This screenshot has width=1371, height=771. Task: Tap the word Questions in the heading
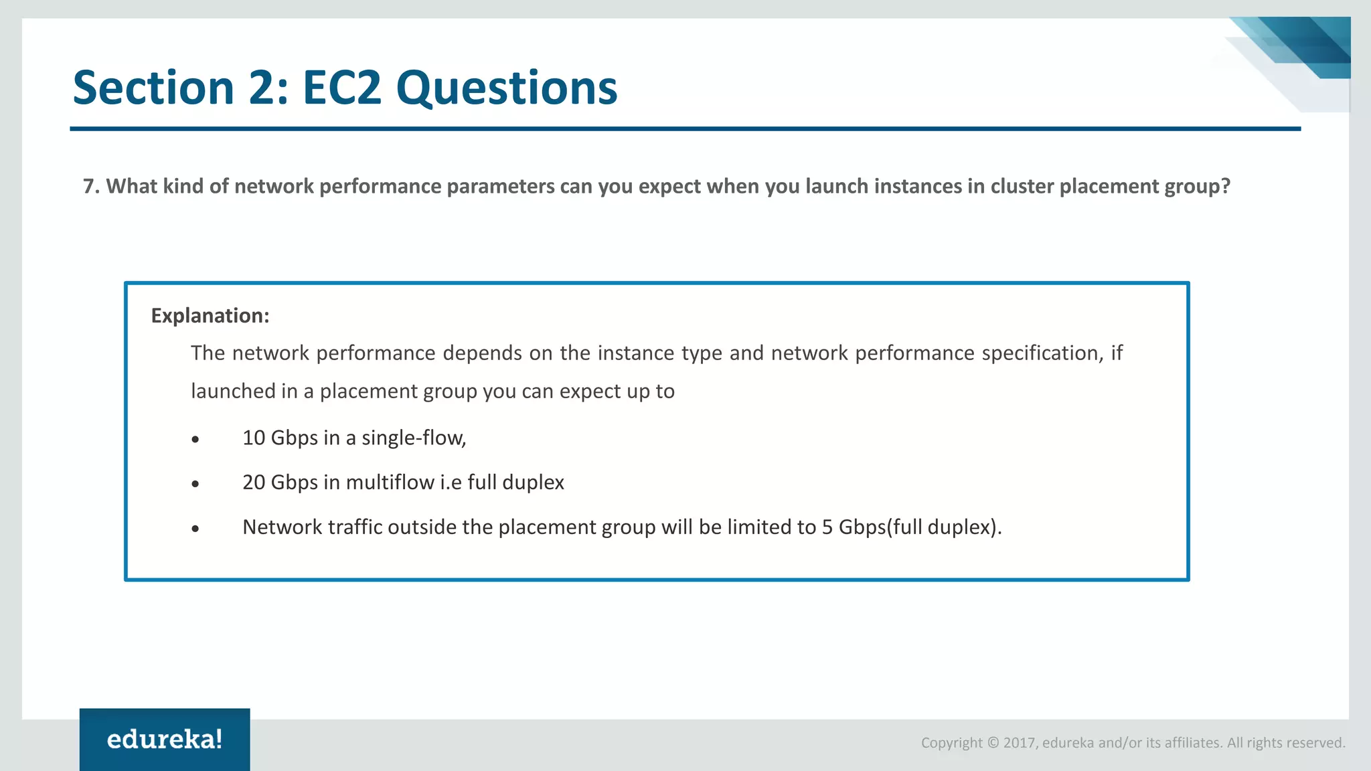(507, 89)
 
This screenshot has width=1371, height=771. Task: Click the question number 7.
(88, 186)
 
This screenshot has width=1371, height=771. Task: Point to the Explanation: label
(210, 315)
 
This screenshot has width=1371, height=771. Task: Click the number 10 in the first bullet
(254, 438)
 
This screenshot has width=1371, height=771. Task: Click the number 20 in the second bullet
(254, 483)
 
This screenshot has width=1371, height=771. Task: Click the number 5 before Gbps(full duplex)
(827, 527)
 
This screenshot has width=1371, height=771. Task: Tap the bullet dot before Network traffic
(195, 529)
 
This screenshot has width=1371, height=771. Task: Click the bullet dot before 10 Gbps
(195, 440)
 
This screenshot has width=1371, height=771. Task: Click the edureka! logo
(165, 740)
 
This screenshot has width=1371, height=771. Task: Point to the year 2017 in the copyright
(1018, 743)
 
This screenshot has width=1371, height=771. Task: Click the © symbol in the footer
(993, 743)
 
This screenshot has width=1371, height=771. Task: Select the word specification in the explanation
(1042, 353)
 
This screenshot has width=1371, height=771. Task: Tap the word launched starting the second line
(233, 391)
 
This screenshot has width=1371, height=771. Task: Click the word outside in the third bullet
(421, 527)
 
